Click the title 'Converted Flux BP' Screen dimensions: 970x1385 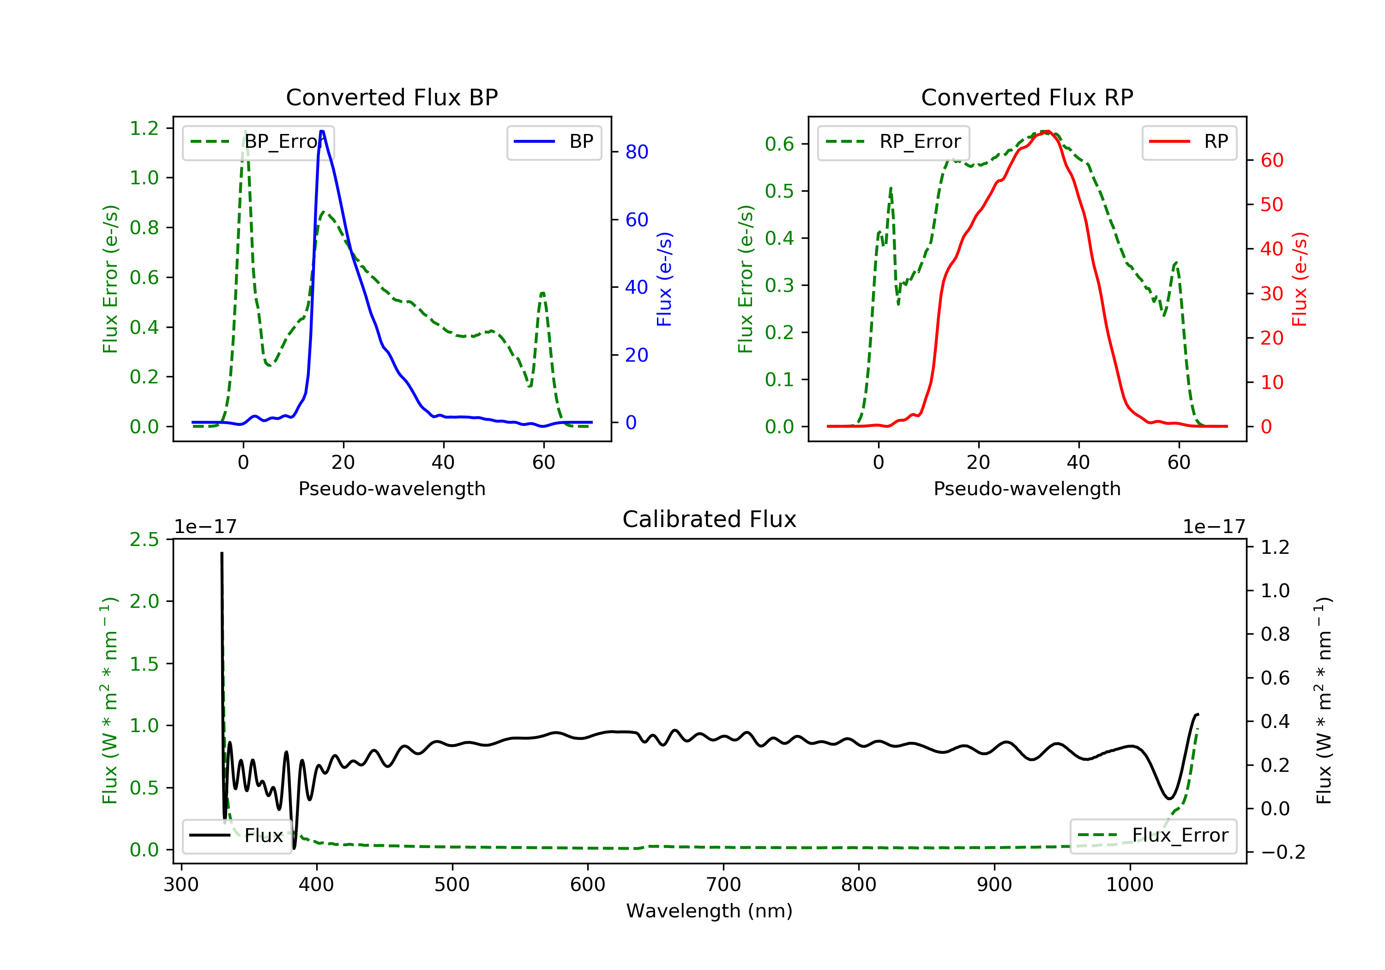click(391, 97)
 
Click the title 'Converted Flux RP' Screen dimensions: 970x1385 click(1027, 97)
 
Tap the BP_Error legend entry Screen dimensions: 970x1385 click(258, 142)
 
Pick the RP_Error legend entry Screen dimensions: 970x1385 click(893, 142)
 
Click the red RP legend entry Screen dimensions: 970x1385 click(1189, 142)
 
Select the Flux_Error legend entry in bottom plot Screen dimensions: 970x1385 click(1153, 836)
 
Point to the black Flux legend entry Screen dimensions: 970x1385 click(237, 836)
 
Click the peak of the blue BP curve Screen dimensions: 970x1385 click(322, 131)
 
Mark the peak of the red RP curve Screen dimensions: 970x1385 click(1047, 131)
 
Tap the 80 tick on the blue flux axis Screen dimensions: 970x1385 click(636, 152)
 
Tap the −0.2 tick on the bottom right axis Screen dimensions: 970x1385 click(1283, 852)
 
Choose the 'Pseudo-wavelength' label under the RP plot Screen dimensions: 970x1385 click(1027, 488)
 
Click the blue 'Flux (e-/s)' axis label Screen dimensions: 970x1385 click(664, 279)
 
